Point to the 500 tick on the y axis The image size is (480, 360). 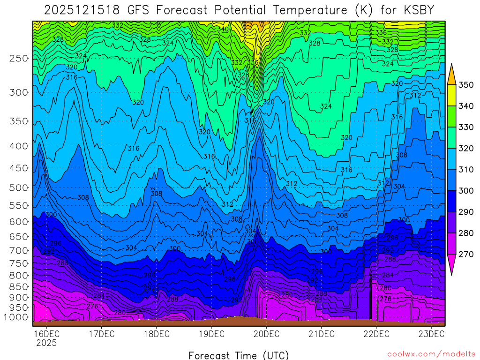pos(19,187)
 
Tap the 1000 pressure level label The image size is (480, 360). pos(17,317)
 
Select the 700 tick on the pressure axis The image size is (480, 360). pos(19,250)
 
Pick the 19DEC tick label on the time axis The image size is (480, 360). pos(211,334)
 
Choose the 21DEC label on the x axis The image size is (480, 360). pos(321,334)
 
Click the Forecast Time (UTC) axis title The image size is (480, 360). pos(239,355)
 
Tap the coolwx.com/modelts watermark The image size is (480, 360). pos(431,354)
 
